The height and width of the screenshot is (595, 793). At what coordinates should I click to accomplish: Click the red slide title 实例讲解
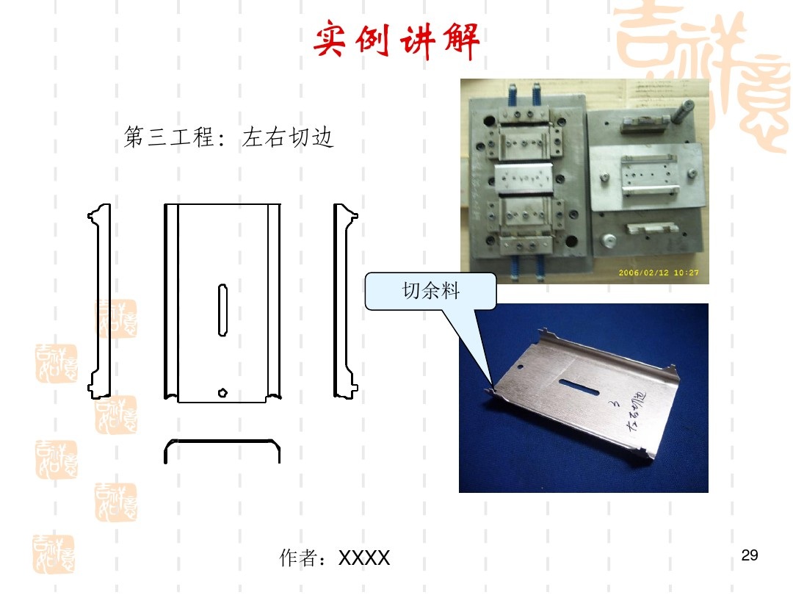396,42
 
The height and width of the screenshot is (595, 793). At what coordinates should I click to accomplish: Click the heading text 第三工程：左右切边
229,137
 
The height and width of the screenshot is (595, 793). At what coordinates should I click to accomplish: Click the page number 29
750,555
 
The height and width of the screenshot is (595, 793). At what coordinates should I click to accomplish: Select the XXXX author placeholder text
363,559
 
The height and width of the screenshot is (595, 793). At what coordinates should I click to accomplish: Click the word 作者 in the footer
299,558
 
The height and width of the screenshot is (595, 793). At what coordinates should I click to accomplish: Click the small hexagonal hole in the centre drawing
222,392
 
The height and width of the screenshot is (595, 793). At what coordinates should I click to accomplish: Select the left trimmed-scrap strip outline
101,301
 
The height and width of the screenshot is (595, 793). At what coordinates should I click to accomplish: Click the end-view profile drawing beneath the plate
222,450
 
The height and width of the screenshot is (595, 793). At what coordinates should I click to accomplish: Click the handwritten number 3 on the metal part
613,403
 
